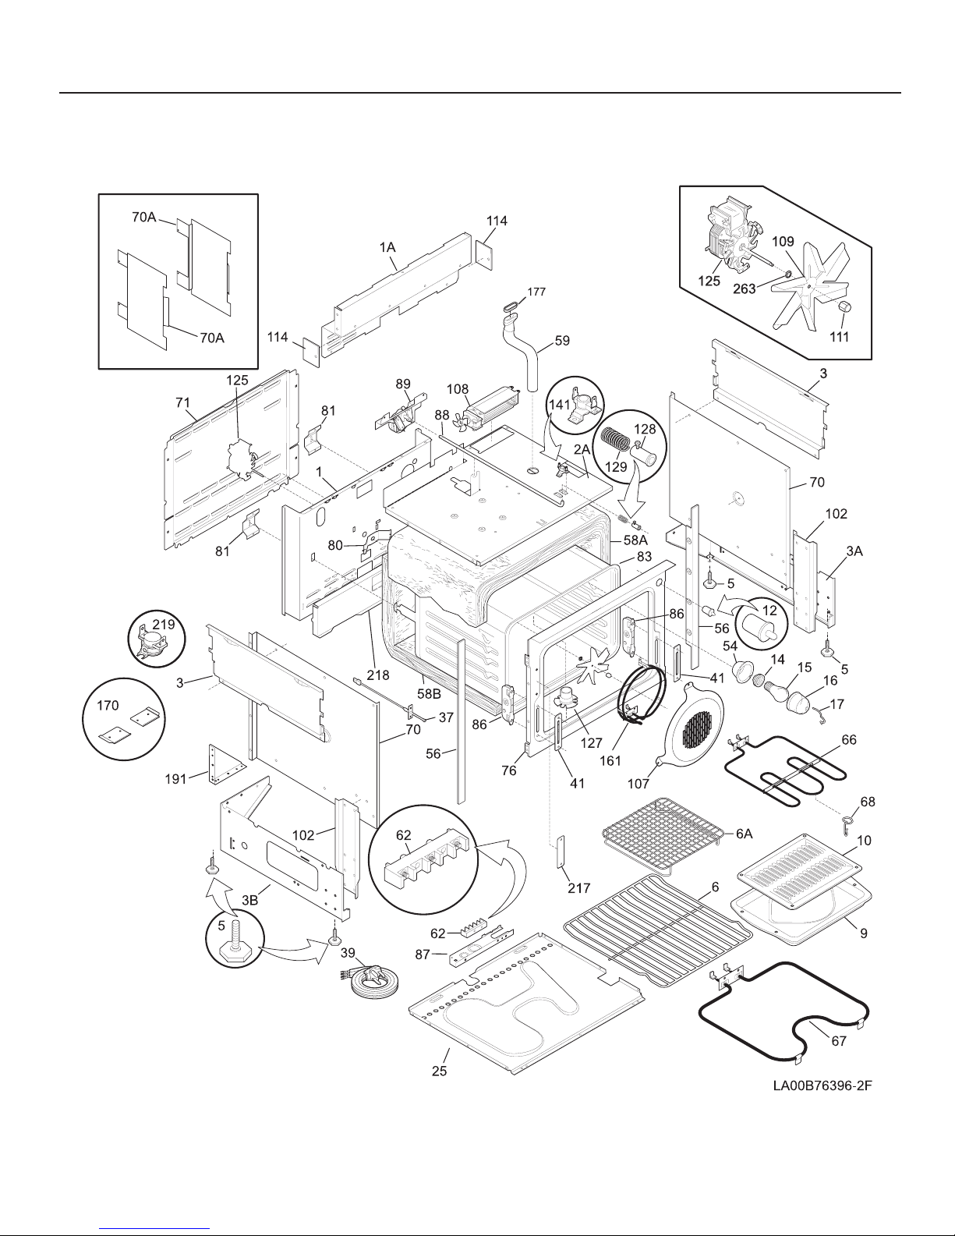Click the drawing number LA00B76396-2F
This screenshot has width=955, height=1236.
tap(822, 1085)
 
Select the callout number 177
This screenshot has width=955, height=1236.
tap(536, 292)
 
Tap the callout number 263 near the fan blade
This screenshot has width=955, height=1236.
tap(744, 289)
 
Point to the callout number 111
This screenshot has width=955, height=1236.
tap(839, 337)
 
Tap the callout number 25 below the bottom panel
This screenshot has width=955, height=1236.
tap(440, 1071)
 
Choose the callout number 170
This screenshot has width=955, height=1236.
tap(108, 705)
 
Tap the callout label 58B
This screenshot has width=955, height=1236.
tap(430, 694)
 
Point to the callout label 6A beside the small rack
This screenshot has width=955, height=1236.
tap(744, 834)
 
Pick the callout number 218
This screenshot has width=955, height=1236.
tap(378, 675)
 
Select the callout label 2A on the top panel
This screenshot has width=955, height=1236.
tap(582, 449)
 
